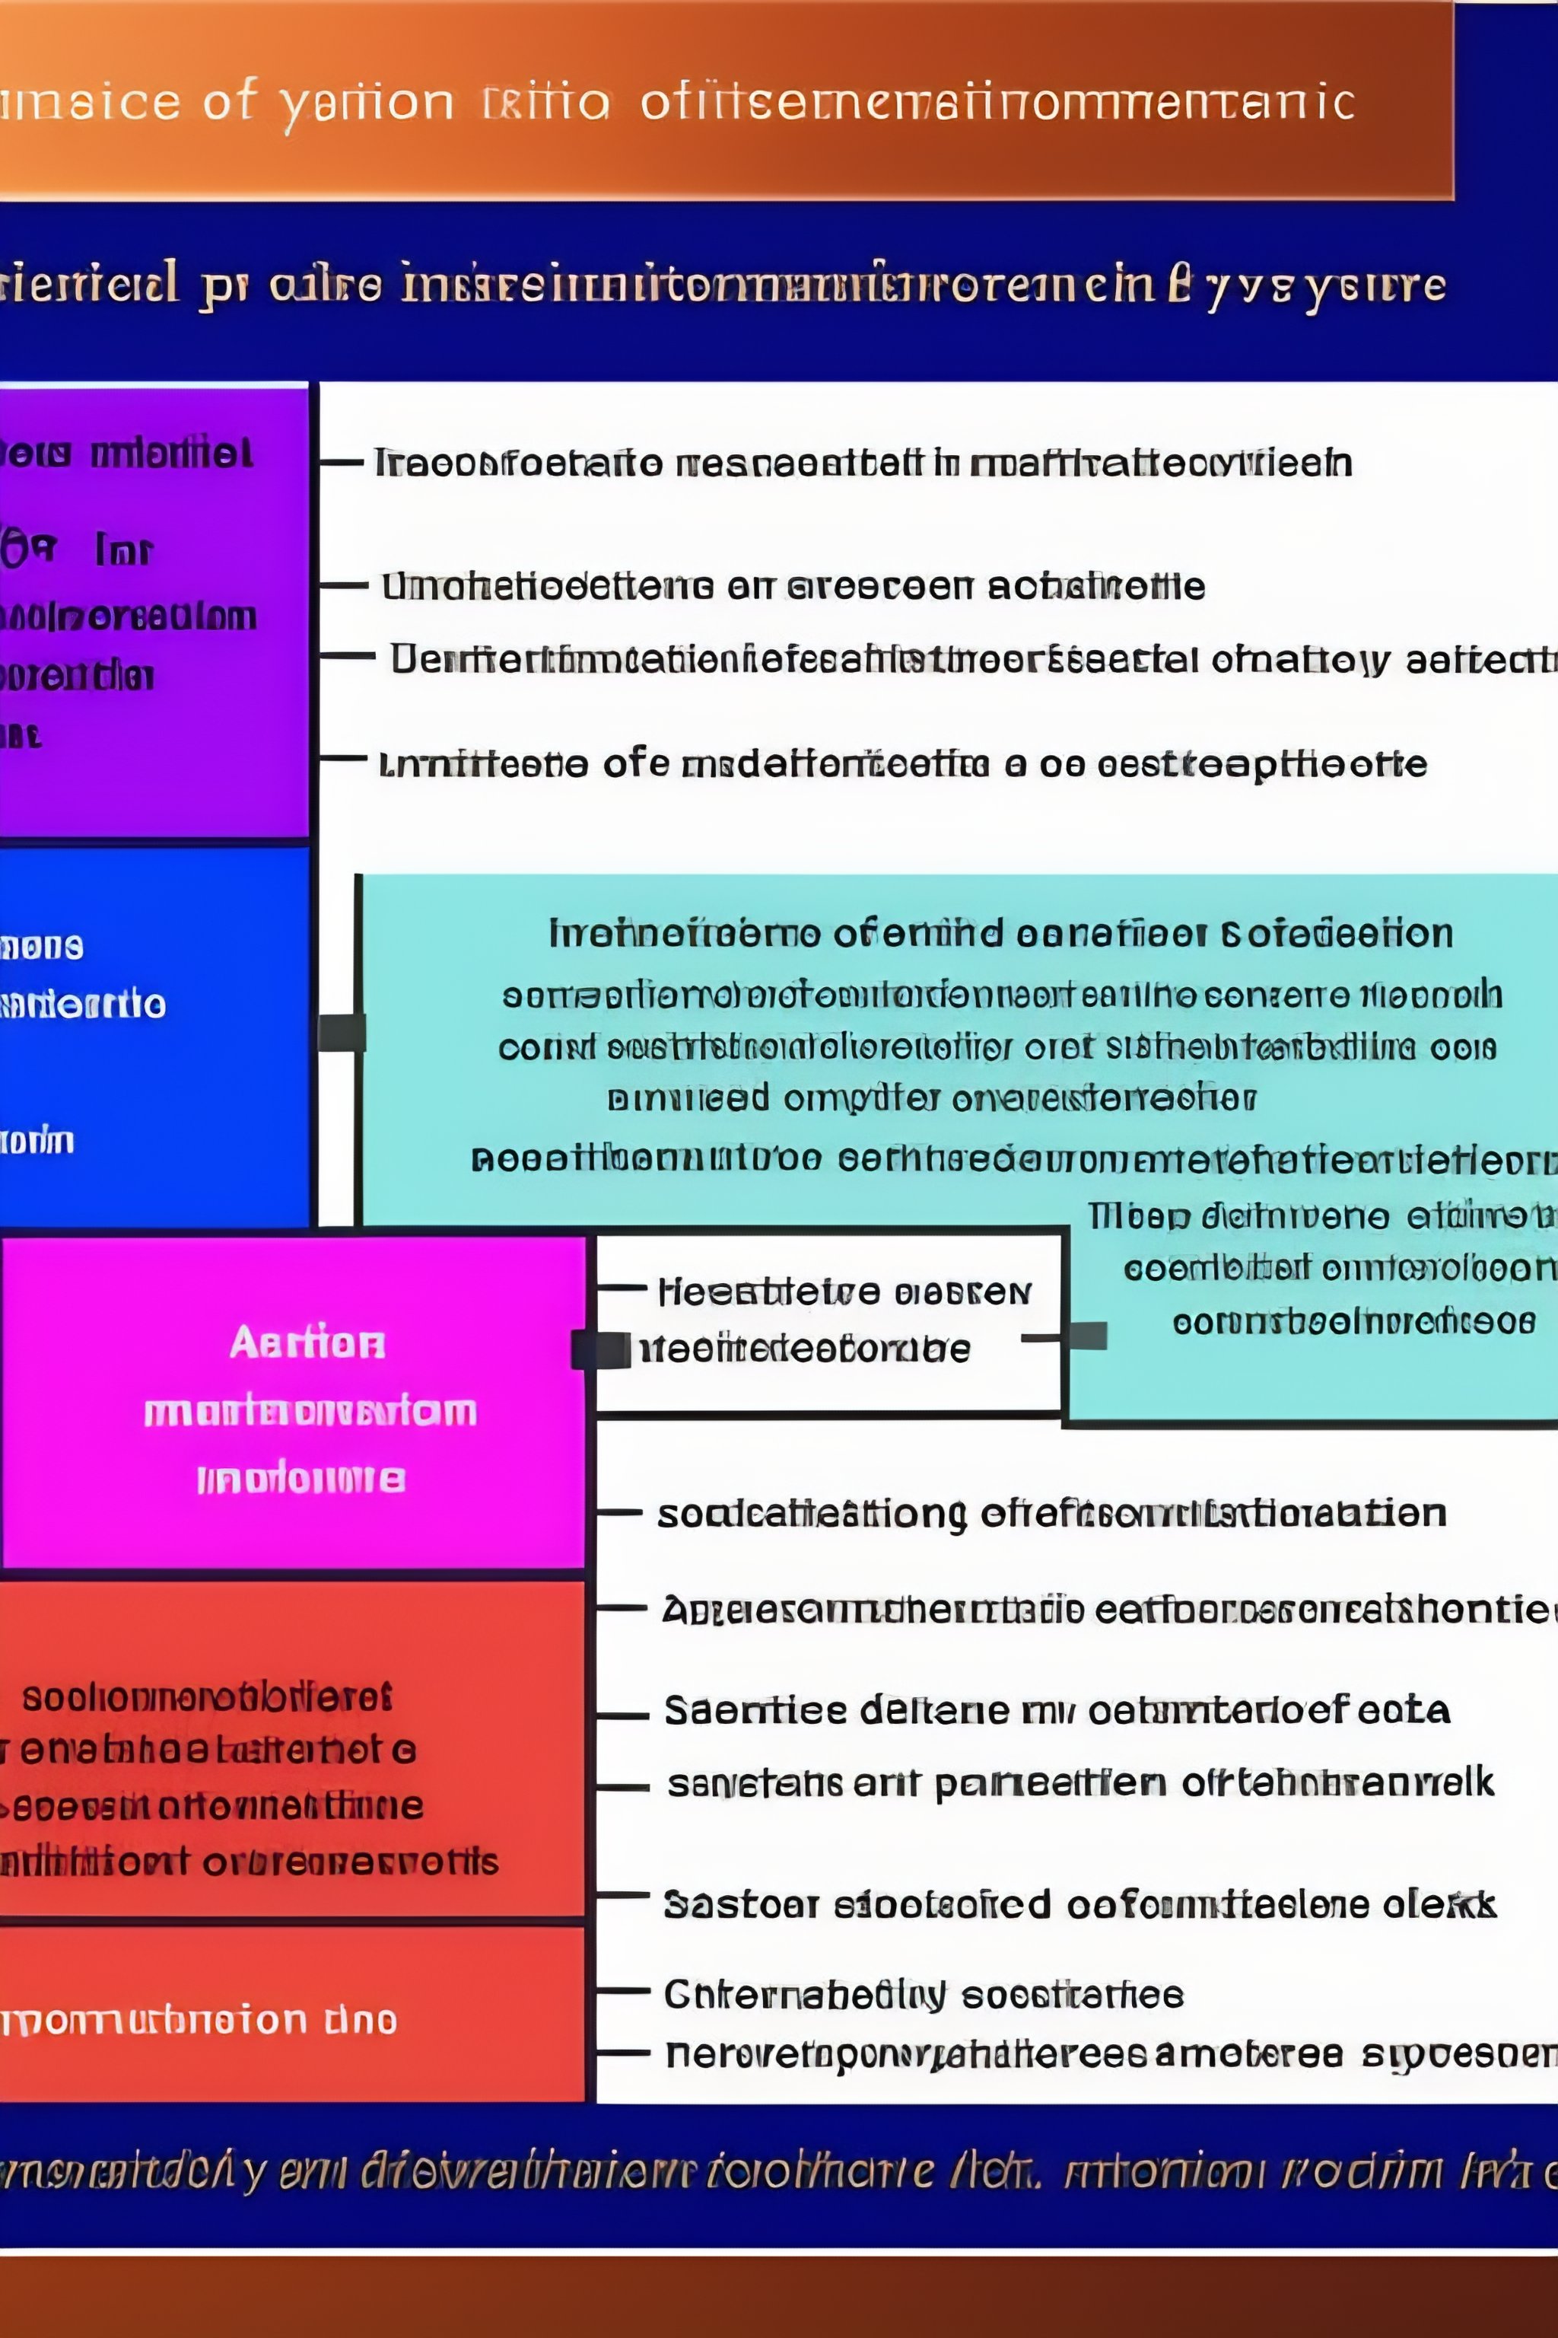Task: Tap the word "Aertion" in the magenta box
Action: click(307, 1343)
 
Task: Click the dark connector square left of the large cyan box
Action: click(342, 1033)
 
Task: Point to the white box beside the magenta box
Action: click(828, 1321)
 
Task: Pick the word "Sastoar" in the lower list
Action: click(740, 1905)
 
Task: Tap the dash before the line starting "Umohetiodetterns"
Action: click(345, 585)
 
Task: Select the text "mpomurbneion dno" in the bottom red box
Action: click(199, 2020)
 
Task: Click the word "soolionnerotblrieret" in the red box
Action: click(207, 1697)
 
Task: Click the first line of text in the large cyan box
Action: click(1000, 933)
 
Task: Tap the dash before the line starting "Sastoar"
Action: click(623, 1894)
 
